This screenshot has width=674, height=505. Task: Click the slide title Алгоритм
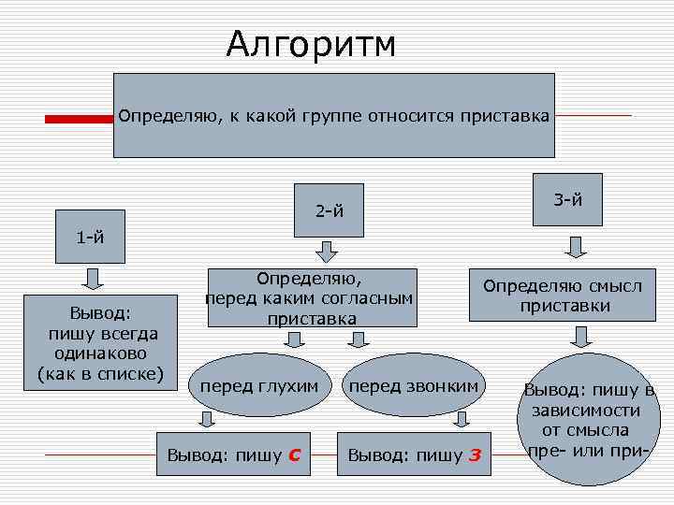[311, 44]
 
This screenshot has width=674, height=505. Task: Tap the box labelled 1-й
[90, 236]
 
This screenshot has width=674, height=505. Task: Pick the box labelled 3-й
[568, 199]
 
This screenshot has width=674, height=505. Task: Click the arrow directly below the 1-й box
[93, 278]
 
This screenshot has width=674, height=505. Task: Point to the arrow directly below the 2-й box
[326, 252]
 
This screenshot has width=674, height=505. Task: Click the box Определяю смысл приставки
[563, 296]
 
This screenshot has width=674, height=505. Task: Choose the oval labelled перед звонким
[413, 385]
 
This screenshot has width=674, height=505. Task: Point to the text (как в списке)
[99, 375]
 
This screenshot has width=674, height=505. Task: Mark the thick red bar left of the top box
[80, 119]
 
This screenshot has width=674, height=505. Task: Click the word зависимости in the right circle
[585, 410]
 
